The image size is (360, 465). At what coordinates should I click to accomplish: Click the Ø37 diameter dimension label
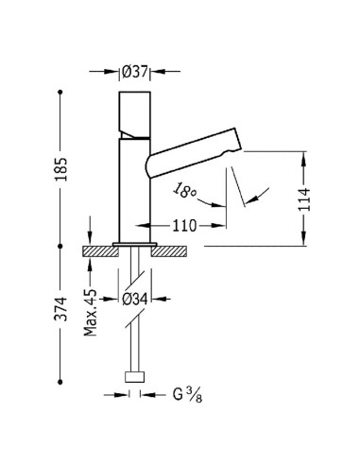pos(135,72)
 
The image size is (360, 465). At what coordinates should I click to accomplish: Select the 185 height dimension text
pos(61,169)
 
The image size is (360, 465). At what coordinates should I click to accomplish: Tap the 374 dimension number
pos(61,309)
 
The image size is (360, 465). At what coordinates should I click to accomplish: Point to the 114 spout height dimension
pos(304,199)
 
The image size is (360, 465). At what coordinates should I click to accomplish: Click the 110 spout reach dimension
pos(184,226)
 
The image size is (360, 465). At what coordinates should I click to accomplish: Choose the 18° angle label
pos(184,190)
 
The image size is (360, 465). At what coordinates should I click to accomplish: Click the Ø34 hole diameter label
pos(135,299)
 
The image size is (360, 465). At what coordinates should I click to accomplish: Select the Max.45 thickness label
pos(91,312)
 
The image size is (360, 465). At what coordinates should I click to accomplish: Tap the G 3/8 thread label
pos(187,395)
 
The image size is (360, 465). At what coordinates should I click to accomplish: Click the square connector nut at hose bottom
pos(135,377)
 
